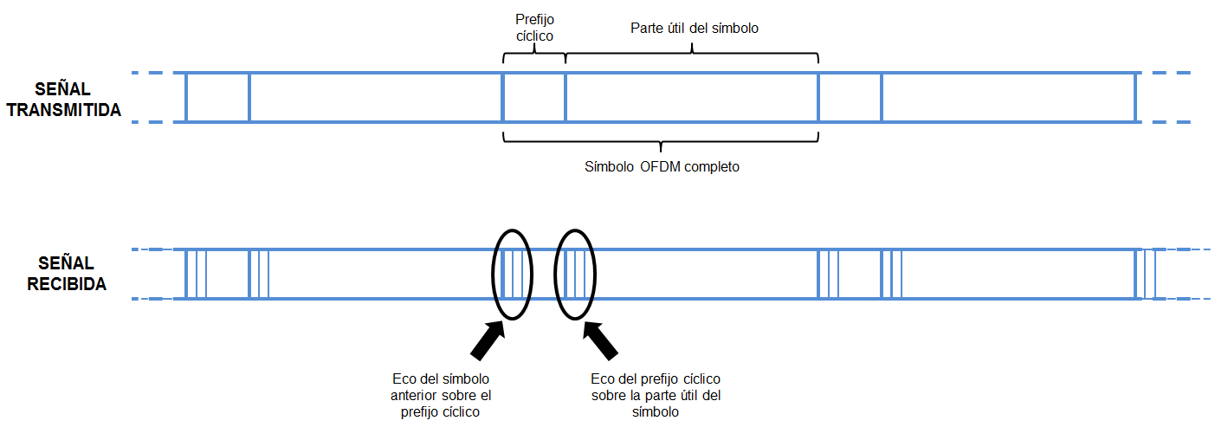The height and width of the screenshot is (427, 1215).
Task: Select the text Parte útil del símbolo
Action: [694, 28]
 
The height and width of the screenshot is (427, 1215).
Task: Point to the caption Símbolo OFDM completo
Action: [662, 167]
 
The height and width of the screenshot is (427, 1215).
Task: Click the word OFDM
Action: [661, 167]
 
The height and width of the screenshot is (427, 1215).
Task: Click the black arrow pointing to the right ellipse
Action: [601, 340]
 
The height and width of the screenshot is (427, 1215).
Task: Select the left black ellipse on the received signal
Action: [513, 275]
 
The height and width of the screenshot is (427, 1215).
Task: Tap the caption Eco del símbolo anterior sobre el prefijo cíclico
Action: [442, 396]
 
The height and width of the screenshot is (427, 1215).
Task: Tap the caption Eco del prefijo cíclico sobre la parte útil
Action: [656, 396]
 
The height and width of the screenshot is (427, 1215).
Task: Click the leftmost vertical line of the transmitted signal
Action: [186, 98]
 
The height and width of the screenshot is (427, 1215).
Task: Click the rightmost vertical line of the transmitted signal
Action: [1134, 98]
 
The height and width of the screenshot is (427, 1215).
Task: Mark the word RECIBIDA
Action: [67, 283]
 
